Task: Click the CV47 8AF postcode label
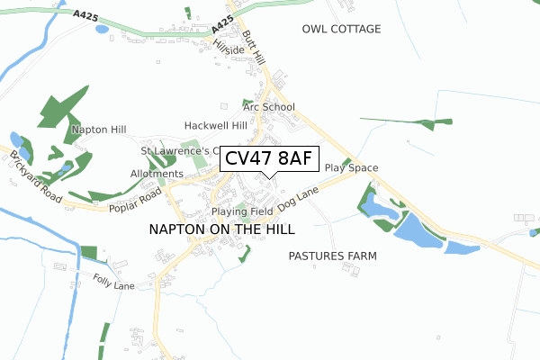[269, 159]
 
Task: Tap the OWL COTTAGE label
[343, 30]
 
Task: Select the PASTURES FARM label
[332, 256]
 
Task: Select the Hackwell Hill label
[215, 125]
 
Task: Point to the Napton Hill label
[99, 130]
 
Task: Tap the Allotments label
[157, 174]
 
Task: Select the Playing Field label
[242, 211]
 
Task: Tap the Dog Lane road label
[299, 200]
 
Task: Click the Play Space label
[351, 167]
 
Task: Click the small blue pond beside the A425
[102, 29]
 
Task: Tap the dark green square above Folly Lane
[88, 254]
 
